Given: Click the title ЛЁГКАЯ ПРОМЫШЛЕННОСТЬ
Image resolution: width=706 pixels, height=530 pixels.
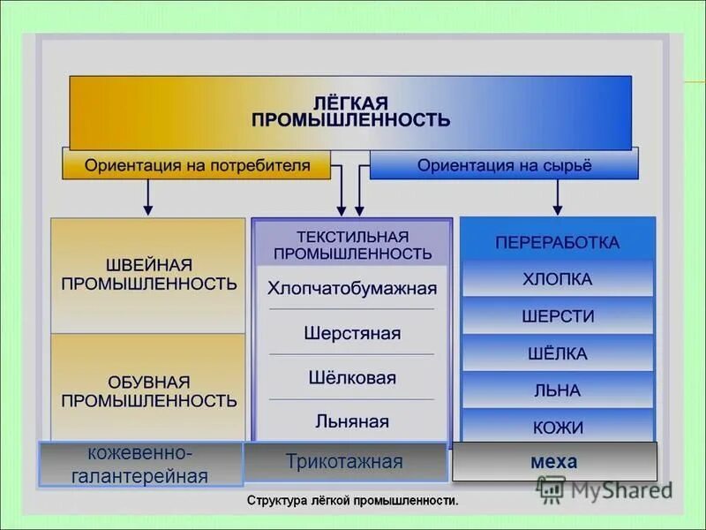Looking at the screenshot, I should pyautogui.click(x=350, y=111).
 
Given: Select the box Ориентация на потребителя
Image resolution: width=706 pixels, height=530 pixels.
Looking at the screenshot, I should pyautogui.click(x=196, y=165).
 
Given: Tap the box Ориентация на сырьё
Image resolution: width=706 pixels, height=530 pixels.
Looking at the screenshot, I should pyautogui.click(x=504, y=165).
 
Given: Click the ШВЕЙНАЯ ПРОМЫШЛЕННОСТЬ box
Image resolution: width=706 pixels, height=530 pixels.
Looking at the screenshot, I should pyautogui.click(x=148, y=275).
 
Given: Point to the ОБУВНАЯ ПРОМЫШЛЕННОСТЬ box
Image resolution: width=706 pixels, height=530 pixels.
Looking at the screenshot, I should pyautogui.click(x=148, y=390).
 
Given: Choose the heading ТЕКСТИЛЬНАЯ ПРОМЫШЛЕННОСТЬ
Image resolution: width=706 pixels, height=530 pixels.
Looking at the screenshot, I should pyautogui.click(x=352, y=245).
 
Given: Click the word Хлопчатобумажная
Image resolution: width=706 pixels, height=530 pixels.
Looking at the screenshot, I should pyautogui.click(x=352, y=288).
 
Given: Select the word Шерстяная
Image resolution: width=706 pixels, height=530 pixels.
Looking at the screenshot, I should pyautogui.click(x=352, y=334).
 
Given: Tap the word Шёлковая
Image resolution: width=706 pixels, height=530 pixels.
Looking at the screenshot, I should pyautogui.click(x=352, y=378).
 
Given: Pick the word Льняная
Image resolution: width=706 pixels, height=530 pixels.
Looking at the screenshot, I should pyautogui.click(x=352, y=421).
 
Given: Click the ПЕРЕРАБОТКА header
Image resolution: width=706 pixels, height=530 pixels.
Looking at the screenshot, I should pyautogui.click(x=557, y=241).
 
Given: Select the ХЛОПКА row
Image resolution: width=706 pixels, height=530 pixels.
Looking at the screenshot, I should pyautogui.click(x=557, y=279).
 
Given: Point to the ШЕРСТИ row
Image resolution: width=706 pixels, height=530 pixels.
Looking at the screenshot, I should pyautogui.click(x=557, y=316).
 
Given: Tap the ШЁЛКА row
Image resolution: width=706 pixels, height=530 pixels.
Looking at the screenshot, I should pyautogui.click(x=557, y=353).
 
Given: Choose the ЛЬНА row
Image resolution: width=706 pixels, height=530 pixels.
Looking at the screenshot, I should pyautogui.click(x=557, y=390).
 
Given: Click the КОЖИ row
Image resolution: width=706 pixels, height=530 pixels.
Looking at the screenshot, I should pyautogui.click(x=557, y=428).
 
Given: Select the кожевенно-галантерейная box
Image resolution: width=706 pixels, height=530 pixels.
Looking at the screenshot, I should pyautogui.click(x=141, y=465).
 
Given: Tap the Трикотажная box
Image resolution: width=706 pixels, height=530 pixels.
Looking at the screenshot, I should pyautogui.click(x=344, y=462).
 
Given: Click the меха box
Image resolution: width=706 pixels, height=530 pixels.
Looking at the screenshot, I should pyautogui.click(x=554, y=462).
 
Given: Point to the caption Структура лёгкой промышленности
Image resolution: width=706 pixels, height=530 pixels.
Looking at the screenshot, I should pyautogui.click(x=352, y=501).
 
